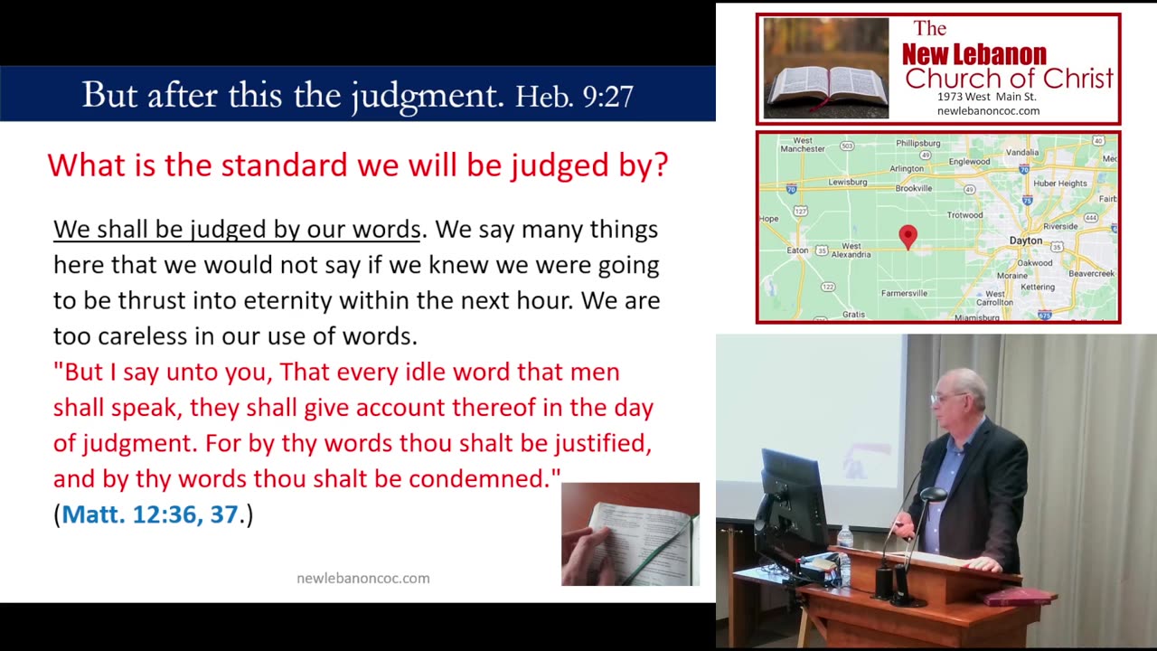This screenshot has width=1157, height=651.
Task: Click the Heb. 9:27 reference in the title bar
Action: [574, 96]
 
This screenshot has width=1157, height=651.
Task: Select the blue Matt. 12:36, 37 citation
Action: [150, 514]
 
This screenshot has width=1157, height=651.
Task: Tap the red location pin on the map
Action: [908, 236]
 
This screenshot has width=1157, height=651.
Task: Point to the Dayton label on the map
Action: [1026, 241]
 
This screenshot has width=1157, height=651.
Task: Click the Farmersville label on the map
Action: [904, 293]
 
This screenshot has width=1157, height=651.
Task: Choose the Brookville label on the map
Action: [913, 188]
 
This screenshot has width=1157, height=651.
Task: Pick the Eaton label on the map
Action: [798, 250]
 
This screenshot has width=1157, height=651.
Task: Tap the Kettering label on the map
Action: [1038, 287]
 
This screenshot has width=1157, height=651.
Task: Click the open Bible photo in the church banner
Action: [825, 69]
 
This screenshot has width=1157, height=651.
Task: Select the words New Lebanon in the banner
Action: [974, 55]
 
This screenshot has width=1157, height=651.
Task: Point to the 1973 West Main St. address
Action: [986, 97]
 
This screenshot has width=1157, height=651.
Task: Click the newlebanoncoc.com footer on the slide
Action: [362, 578]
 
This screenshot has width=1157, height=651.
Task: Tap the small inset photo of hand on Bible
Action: [630, 534]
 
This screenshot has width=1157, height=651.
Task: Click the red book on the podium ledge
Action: [1019, 597]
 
